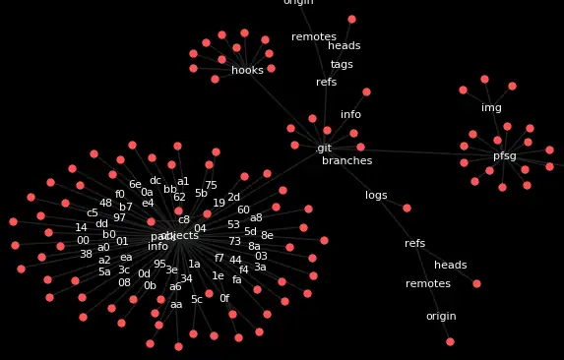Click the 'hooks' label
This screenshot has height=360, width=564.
tap(247, 71)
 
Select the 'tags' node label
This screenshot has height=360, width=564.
tap(342, 65)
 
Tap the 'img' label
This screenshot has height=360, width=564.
tap(491, 108)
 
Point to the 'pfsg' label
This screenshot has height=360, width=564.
tap(504, 156)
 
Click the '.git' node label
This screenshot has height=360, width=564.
tap(323, 149)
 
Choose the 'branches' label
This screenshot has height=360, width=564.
tap(346, 161)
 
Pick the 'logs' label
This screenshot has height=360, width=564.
tap(376, 196)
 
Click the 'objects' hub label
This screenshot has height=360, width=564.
tap(178, 236)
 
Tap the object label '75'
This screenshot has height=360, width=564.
tap(211, 186)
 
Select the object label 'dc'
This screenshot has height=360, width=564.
tap(156, 181)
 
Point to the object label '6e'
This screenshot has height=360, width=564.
tap(135, 185)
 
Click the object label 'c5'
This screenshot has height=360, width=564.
tap(93, 213)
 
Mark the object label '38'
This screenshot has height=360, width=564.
tap(86, 255)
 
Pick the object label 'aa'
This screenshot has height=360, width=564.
tap(176, 305)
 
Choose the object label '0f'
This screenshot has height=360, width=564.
tap(224, 299)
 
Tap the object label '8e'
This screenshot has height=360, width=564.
tap(267, 236)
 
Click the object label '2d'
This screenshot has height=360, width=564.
tap(233, 198)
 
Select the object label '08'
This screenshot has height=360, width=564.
tap(124, 283)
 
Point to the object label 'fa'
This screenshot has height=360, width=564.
tap(236, 280)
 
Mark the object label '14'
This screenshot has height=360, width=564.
tap(81, 228)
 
